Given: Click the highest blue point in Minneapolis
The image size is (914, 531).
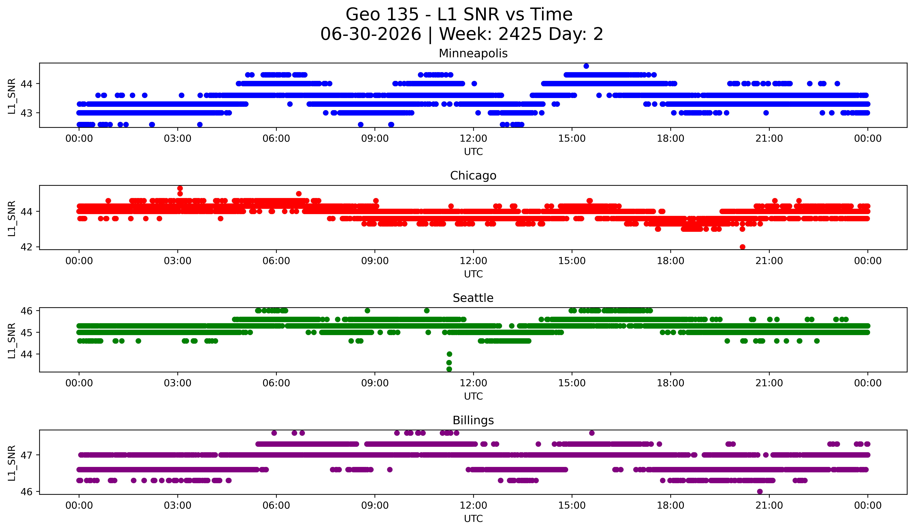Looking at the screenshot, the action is [586, 66].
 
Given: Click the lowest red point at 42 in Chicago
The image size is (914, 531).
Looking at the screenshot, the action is [742, 247].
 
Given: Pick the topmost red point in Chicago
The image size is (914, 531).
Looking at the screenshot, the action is [180, 188].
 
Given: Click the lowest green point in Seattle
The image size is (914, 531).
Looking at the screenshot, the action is [449, 369].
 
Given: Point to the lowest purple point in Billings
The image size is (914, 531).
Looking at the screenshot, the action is [760, 491].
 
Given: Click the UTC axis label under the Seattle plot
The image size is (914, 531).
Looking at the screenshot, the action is [473, 396].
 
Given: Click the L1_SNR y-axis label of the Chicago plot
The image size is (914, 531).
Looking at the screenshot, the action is [12, 218].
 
